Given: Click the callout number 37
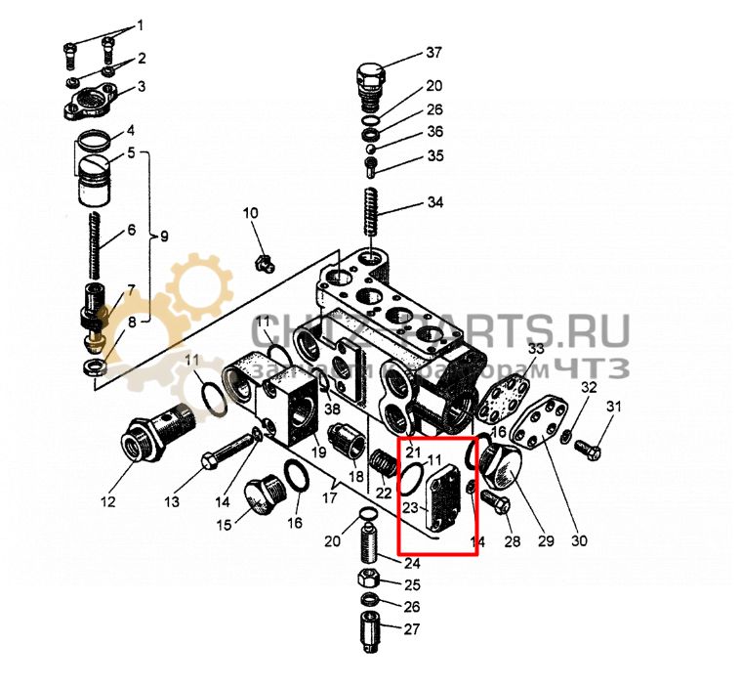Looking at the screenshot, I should pos(433,52).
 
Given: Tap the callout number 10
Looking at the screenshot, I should pos(251,214).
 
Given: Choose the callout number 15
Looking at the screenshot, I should pos(225,525).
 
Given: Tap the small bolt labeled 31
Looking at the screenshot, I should pos(585,450).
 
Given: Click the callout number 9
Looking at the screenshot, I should pos(165,236).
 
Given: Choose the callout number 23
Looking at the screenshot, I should pos(410,507).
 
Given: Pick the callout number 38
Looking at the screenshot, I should pos(332,408).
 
